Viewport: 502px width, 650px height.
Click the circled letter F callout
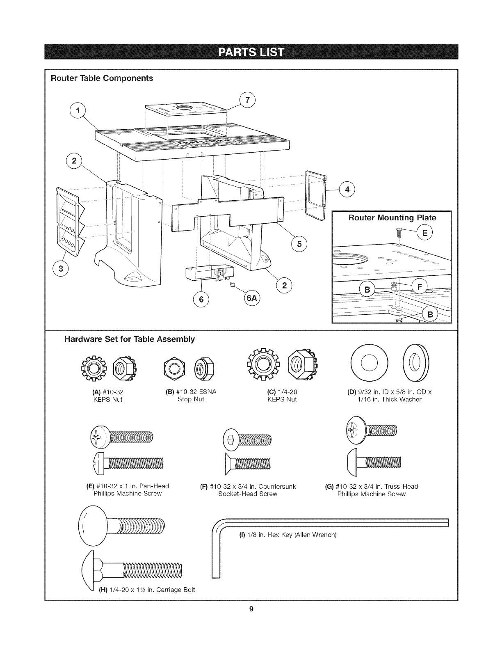tap(419, 286)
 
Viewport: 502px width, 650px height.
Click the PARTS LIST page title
tap(251, 53)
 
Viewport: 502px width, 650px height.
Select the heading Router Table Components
tap(101, 78)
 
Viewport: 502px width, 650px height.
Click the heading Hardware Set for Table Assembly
tap(129, 339)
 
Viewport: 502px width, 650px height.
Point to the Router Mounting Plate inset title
tap(392, 217)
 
